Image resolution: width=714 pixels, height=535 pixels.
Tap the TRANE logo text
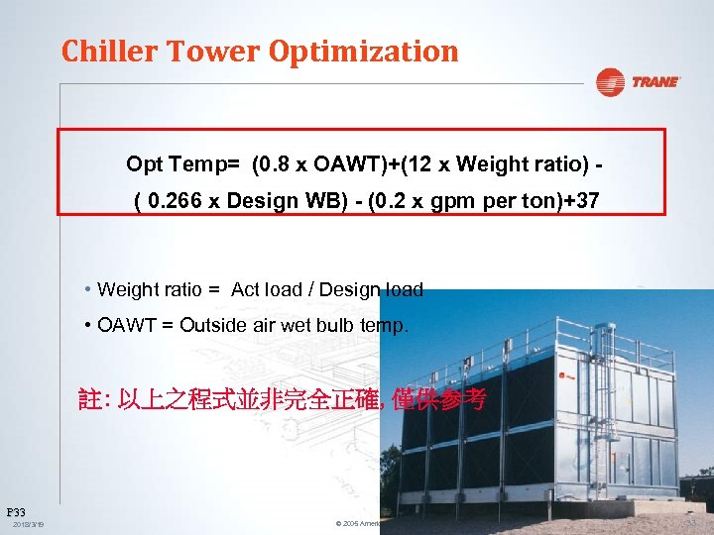point(655,82)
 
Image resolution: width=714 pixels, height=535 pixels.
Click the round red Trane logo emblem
point(610,82)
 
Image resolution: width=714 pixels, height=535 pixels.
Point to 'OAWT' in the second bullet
point(124,326)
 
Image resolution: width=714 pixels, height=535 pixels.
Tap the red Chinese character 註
point(89,400)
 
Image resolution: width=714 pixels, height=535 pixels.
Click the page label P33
point(16,511)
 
